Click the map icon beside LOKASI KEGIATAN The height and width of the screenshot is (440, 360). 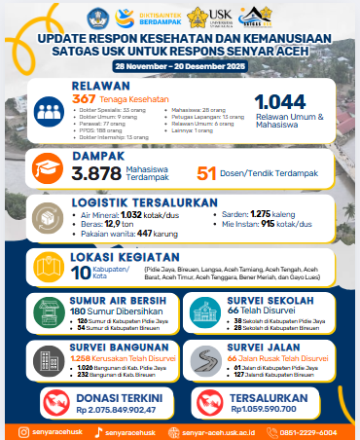point(48,266)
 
